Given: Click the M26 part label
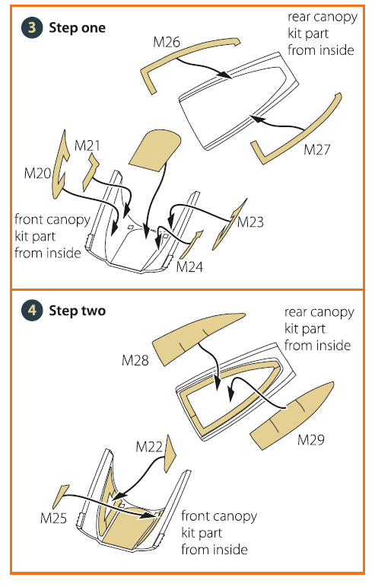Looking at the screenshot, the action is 167,42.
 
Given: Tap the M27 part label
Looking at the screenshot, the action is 317,149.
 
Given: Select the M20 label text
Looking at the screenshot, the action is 37,173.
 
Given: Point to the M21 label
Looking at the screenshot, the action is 87,145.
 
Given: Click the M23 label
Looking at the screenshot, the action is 250,222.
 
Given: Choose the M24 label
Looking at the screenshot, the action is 189,267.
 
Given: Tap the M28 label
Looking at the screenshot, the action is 135,360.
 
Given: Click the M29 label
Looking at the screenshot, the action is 311,439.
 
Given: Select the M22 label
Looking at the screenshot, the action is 149,446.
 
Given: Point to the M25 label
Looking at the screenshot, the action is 53,518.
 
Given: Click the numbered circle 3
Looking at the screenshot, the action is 32,27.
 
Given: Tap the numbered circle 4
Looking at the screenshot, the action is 32,311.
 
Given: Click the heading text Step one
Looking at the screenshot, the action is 77,27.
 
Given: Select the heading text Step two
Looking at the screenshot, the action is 78,311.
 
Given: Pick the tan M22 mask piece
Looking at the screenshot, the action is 170,453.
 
